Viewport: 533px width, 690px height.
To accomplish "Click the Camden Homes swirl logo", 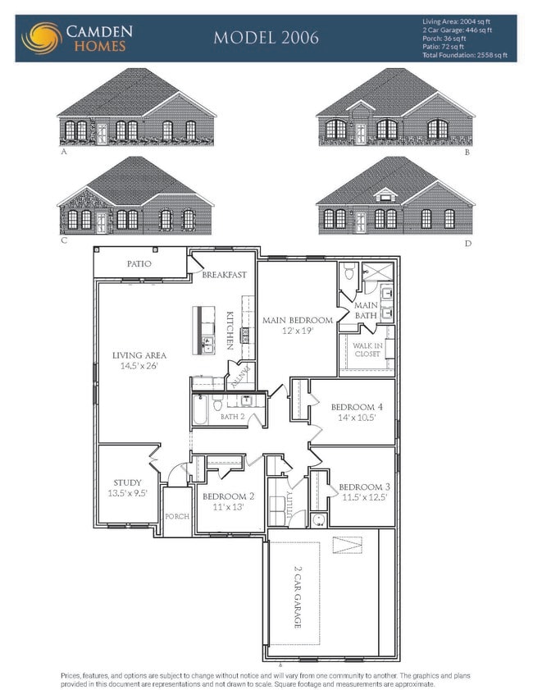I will pos(40,38).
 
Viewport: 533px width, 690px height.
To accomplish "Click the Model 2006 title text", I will pos(266,38).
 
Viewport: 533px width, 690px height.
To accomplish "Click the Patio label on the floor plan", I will pos(139,264).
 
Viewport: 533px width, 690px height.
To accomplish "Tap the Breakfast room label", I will pos(225,275).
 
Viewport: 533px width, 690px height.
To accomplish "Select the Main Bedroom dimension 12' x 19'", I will pos(297,331).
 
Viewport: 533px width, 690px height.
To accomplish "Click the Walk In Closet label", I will pos(367,350).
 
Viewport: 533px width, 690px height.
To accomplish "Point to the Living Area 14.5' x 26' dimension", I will pos(139,366).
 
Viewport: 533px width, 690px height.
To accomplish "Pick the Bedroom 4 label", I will pos(353,407).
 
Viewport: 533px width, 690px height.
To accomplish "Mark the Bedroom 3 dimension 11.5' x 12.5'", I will pos(362,496).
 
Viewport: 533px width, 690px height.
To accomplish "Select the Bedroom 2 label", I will pos(229,496).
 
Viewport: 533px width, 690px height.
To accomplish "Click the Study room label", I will pos(127,482).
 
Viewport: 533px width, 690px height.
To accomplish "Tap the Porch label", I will pos(177,516).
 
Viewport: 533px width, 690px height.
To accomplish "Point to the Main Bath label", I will pos(366,310).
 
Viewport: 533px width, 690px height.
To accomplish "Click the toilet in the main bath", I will pos(348,272).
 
